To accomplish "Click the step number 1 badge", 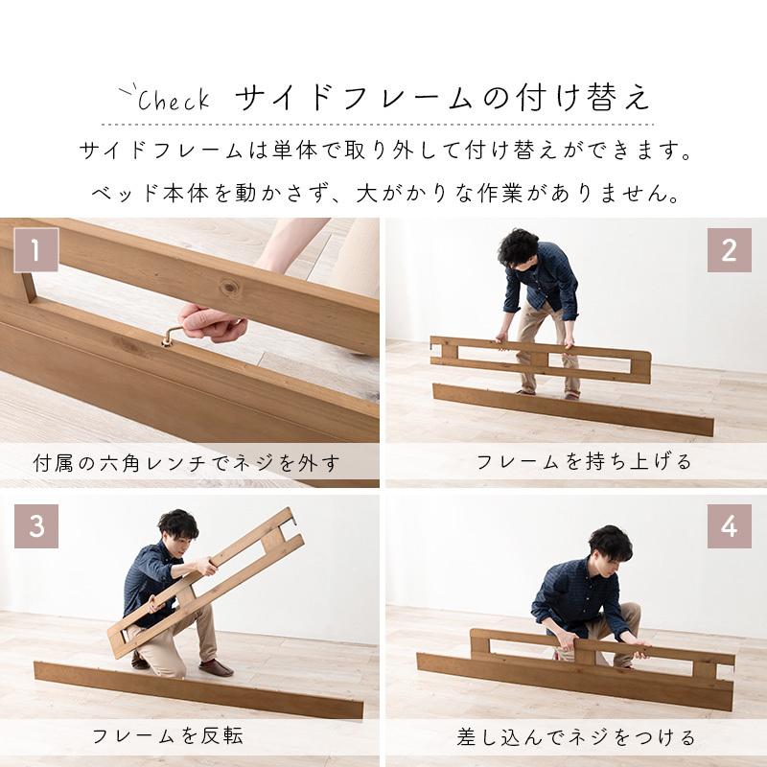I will click(35, 251).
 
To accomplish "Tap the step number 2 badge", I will click(730, 251).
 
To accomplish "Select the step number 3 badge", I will click(35, 526).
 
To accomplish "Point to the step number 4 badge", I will click(730, 526).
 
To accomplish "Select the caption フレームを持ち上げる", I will click(584, 462).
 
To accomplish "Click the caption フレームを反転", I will click(168, 737).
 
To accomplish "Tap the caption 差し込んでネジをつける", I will click(575, 737).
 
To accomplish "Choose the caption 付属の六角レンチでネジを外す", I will click(184, 466).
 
